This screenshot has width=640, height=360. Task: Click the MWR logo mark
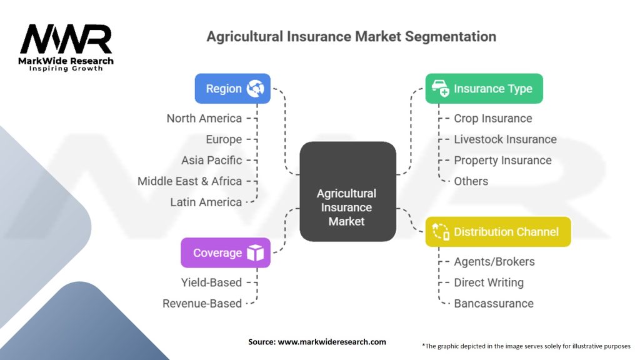pyautogui.click(x=66, y=39)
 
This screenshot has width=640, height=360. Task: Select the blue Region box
pyautogui.click(x=232, y=89)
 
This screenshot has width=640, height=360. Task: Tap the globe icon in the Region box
pyautogui.click(x=256, y=89)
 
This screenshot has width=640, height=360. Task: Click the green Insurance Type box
pyautogui.click(x=484, y=89)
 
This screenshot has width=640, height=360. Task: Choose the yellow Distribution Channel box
pyautogui.click(x=498, y=232)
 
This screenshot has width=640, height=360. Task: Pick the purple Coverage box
pyautogui.click(x=226, y=252)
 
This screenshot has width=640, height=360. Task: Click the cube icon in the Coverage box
pyautogui.click(x=256, y=252)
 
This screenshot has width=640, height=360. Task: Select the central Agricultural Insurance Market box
pyautogui.click(x=347, y=191)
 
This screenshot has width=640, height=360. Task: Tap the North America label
pyautogui.click(x=204, y=118)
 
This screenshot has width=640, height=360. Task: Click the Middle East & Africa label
pyautogui.click(x=190, y=181)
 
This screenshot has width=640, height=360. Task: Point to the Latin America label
pyautogui.click(x=206, y=202)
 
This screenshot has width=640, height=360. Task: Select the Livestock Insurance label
pyautogui.click(x=505, y=139)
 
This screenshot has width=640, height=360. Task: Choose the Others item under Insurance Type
pyautogui.click(x=471, y=181)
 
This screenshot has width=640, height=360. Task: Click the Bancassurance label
pyautogui.click(x=494, y=304)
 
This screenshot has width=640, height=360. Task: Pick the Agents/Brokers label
pyautogui.click(x=494, y=262)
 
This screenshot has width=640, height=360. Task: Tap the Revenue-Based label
pyautogui.click(x=202, y=304)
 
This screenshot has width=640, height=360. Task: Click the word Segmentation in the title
pyautogui.click(x=451, y=37)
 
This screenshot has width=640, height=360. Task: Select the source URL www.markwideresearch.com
pyautogui.click(x=332, y=342)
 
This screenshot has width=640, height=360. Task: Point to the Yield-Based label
pyautogui.click(x=211, y=282)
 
